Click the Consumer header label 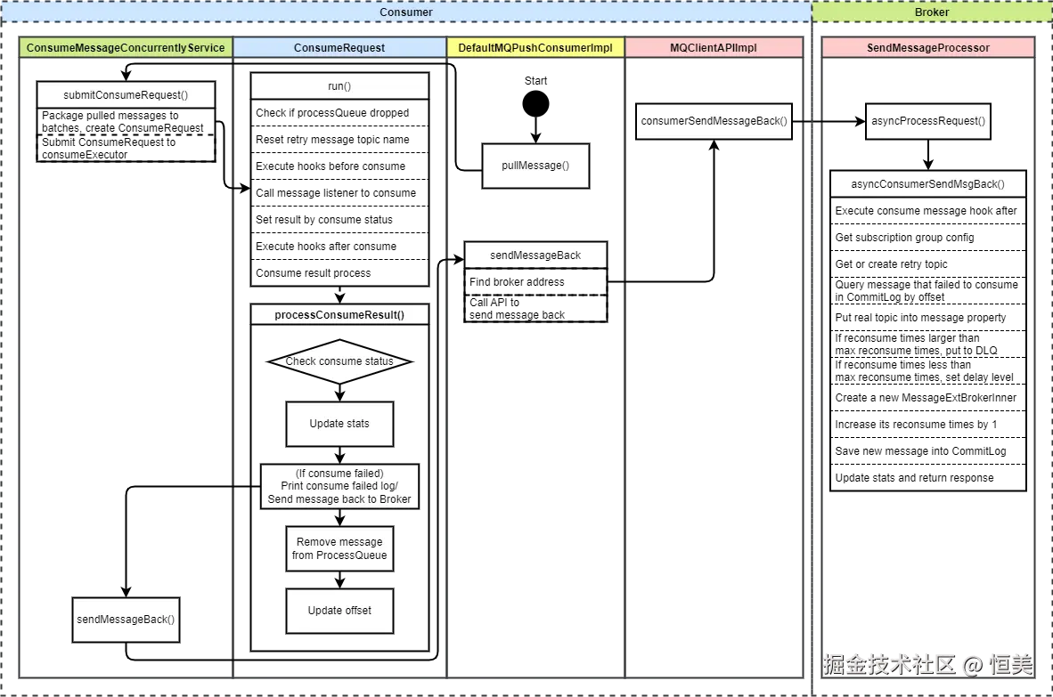406,12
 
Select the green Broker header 932,12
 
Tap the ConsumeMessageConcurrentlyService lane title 126,48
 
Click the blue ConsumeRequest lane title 339,48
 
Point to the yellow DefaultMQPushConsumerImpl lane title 535,48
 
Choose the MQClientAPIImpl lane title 714,48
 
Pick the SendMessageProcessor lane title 927,48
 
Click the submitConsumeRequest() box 126,94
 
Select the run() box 339,85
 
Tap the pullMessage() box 535,166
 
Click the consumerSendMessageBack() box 714,121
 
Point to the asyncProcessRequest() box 927,121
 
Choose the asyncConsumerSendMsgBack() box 927,184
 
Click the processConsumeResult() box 339,314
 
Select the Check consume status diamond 339,361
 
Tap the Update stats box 339,424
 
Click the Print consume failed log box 339,486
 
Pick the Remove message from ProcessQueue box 339,548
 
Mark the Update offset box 339,611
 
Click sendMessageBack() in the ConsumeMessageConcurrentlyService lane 126,620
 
